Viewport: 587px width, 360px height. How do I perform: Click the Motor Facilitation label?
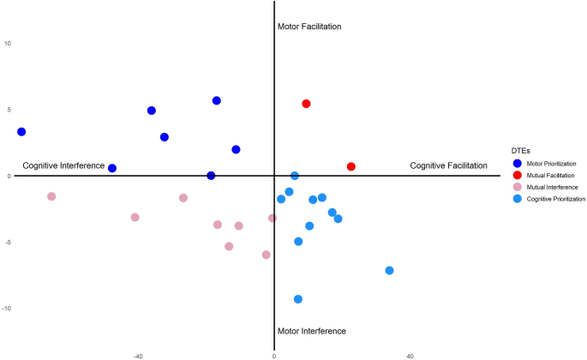(309, 27)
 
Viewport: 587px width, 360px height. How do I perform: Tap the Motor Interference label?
(311, 331)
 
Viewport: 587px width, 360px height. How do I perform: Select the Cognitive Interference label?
(63, 165)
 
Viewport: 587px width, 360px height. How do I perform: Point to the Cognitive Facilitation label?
(448, 165)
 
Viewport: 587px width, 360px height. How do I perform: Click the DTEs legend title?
(519, 150)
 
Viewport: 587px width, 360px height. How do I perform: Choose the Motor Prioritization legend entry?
(551, 163)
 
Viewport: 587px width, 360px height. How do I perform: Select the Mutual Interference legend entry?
(548, 187)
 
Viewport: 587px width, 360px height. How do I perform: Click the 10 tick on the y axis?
(7, 43)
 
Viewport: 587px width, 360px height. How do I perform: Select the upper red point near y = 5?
(306, 104)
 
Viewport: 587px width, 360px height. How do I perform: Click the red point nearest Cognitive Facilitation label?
(350, 166)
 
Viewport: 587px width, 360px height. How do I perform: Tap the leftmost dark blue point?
(21, 132)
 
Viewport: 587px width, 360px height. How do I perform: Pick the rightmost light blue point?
(389, 271)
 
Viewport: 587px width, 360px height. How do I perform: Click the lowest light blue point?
(298, 299)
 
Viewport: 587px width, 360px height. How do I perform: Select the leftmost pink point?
(51, 196)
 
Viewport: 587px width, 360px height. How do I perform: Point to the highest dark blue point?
(217, 101)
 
